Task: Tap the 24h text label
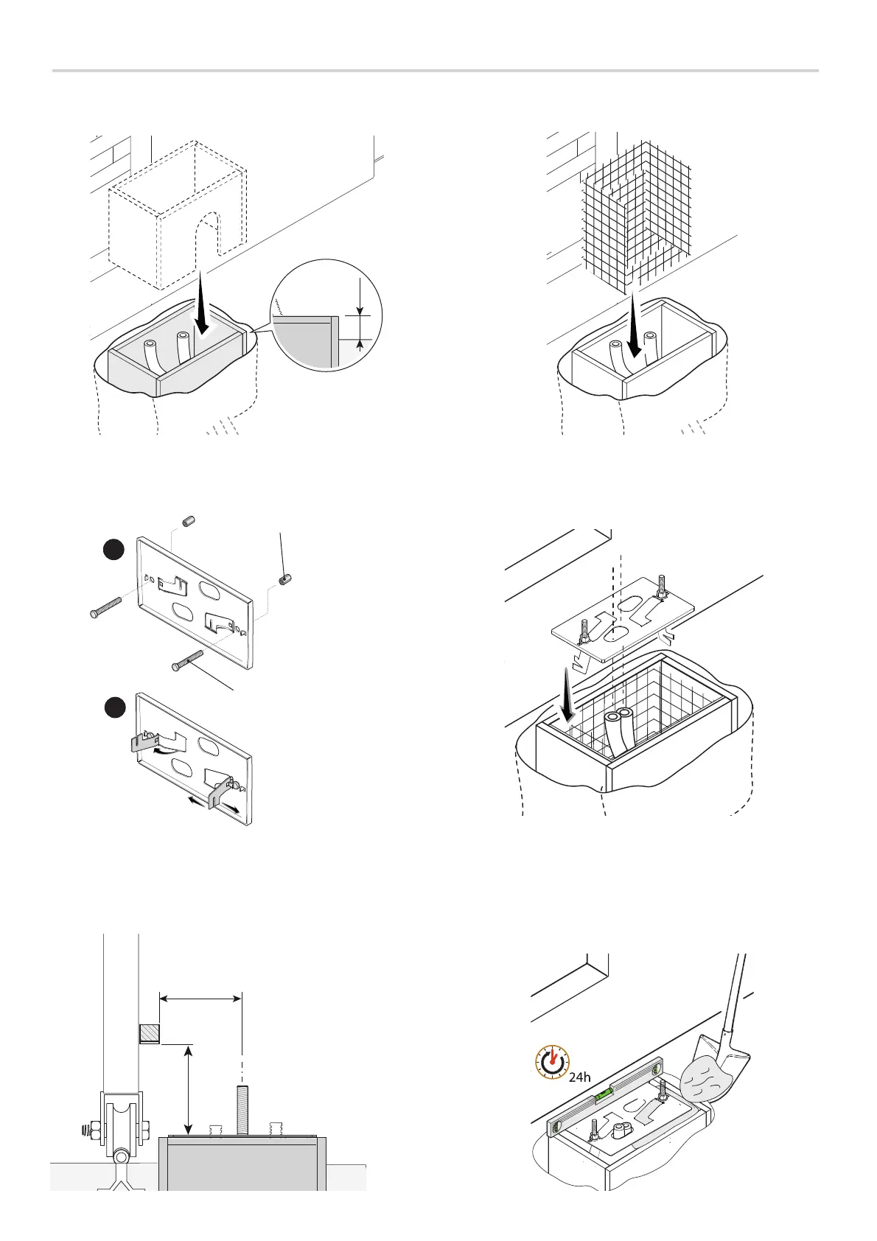(580, 1077)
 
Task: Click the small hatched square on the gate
(150, 1034)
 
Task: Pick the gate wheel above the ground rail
(122, 1124)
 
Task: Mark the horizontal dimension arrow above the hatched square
(200, 999)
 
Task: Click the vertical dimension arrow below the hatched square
(190, 1090)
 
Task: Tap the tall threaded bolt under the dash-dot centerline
(242, 1109)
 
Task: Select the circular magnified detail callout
(326, 315)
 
